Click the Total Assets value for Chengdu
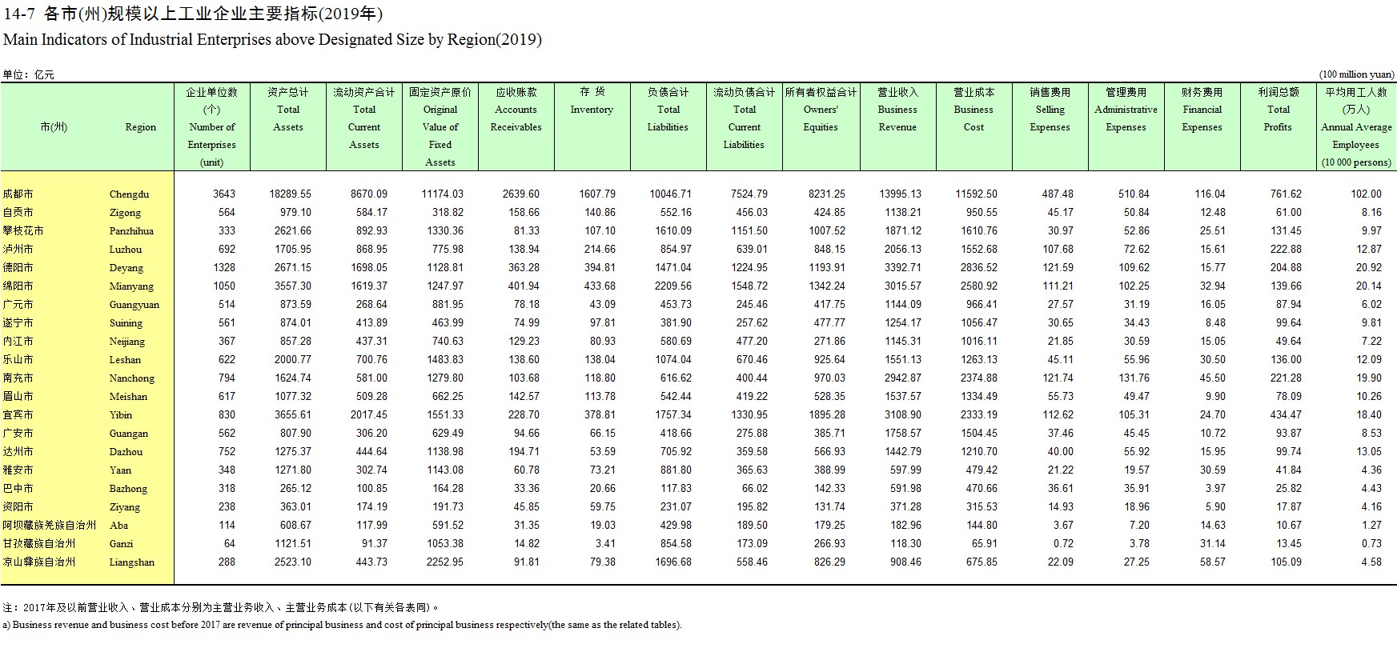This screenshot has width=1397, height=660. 291,194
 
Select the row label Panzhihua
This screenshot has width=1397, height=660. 131,231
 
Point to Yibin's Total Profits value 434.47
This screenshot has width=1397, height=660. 1286,414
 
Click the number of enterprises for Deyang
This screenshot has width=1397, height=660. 224,267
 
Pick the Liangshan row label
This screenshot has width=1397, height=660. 132,562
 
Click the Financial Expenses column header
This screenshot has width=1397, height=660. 1202,110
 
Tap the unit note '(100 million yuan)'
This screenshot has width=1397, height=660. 1357,74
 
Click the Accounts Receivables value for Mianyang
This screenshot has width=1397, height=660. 523,286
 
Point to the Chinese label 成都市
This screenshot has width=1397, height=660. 18,194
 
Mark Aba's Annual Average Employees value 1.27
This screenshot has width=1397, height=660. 1371,525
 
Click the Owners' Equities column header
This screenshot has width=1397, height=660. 821,110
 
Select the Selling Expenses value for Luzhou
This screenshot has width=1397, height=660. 1058,249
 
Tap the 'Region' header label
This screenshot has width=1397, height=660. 141,127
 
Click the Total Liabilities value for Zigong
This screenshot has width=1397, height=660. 675,212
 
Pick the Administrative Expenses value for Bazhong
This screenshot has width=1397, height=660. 1136,488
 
